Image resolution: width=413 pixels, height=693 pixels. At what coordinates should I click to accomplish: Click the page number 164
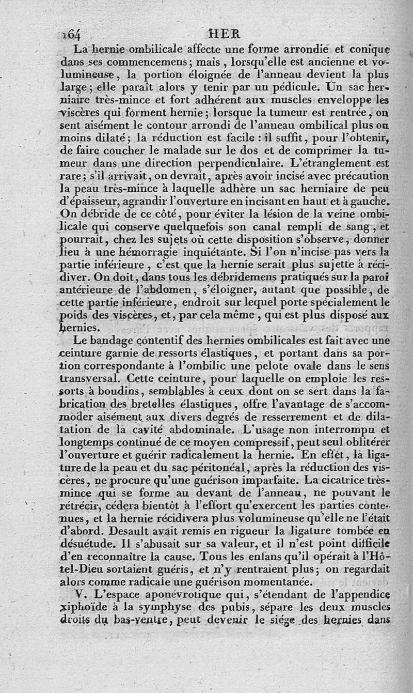click(x=71, y=35)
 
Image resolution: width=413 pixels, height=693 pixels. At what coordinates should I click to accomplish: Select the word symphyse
click(x=168, y=607)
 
